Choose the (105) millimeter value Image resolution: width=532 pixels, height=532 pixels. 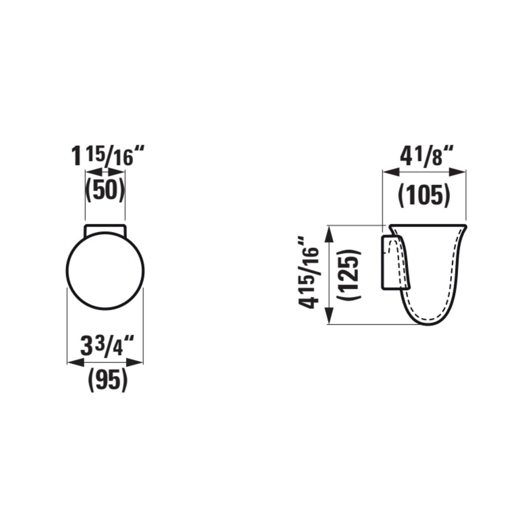coord(424,195)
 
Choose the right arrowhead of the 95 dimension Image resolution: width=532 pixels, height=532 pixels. coord(138,363)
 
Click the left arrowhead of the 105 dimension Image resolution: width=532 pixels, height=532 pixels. coord(389,171)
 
